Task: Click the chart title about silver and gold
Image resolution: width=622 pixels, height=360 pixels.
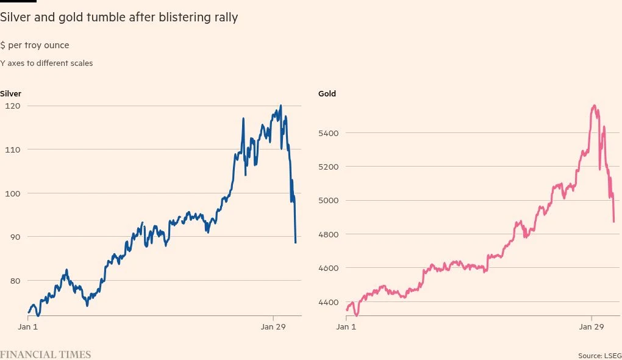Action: pos(119,18)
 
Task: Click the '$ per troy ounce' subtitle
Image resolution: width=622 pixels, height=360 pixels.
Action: pos(35,46)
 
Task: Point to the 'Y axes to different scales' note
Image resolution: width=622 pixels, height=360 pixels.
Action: pos(46,63)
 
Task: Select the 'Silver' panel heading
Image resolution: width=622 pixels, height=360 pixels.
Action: pos(11,94)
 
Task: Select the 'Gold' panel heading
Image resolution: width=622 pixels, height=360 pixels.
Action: pos(327,94)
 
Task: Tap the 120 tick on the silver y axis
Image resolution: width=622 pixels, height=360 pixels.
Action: pos(13,106)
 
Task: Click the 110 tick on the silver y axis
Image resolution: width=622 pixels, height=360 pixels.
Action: pos(13,149)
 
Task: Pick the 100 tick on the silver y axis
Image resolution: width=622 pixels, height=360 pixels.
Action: pos(13,193)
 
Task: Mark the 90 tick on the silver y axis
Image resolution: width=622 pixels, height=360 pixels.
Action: pos(13,237)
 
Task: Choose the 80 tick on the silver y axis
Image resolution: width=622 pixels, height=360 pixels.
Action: pos(13,281)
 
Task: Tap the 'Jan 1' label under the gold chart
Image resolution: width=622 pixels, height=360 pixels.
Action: pos(346,327)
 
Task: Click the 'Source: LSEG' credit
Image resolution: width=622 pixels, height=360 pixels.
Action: pos(599,355)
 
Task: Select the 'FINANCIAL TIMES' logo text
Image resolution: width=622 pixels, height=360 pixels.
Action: pos(45,355)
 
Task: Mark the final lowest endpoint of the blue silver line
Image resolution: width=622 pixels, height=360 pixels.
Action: pos(295,242)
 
